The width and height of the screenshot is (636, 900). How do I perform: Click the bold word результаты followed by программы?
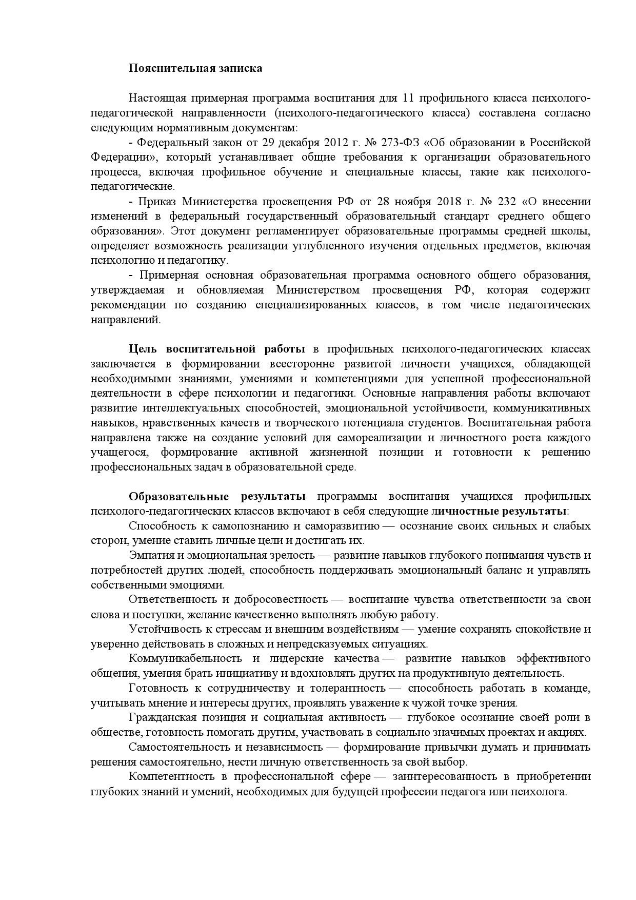click(273, 497)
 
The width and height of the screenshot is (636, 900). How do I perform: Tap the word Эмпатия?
click(149, 556)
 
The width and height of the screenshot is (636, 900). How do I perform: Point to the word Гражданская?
click(163, 718)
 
